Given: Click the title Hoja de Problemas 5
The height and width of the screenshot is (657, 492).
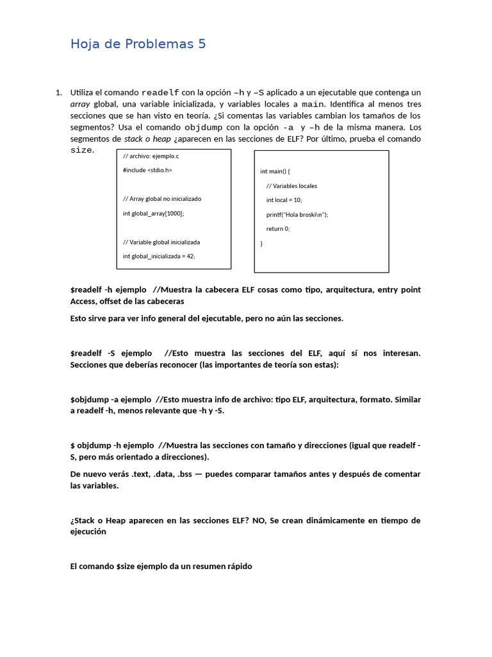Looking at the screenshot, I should pyautogui.click(x=138, y=44).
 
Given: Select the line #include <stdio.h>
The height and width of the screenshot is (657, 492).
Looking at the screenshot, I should pyautogui.click(x=147, y=170).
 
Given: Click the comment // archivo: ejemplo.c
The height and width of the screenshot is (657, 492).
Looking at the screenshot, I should pyautogui.click(x=151, y=156).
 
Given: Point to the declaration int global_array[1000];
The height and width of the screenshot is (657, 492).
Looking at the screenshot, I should pyautogui.click(x=153, y=213).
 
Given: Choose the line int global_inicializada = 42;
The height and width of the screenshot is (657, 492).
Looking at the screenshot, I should pyautogui.click(x=159, y=256).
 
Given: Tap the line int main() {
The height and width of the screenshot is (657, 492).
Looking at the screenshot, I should pyautogui.click(x=275, y=171).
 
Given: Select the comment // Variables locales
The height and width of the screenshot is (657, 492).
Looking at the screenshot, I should pyautogui.click(x=291, y=186).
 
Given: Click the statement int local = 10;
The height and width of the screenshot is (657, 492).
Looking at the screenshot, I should pyautogui.click(x=284, y=200).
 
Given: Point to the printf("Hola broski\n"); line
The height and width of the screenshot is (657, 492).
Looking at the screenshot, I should pyautogui.click(x=297, y=215).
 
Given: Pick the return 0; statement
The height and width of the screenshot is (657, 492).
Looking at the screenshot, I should pyautogui.click(x=278, y=229).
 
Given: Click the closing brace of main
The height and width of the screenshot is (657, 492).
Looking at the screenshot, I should pyautogui.click(x=261, y=244).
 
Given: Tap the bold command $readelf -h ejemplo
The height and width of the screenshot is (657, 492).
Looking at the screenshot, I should pyautogui.click(x=108, y=290).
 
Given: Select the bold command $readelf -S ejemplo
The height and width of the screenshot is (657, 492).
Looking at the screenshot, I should pyautogui.click(x=111, y=354).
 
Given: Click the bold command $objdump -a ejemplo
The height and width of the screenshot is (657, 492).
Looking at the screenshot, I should pyautogui.click(x=111, y=400).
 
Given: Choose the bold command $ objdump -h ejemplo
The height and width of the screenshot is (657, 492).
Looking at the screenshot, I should pyautogui.click(x=112, y=446).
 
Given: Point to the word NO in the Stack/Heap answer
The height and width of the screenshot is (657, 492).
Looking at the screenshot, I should pyautogui.click(x=259, y=521).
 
